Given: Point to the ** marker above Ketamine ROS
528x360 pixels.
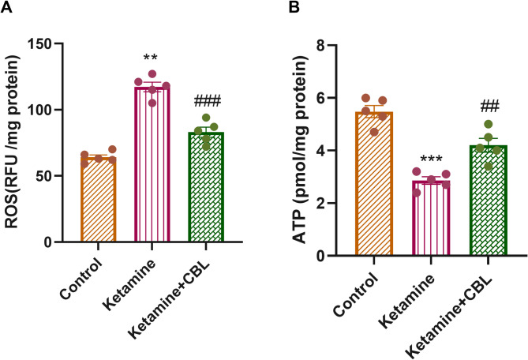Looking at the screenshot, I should coord(152,59).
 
